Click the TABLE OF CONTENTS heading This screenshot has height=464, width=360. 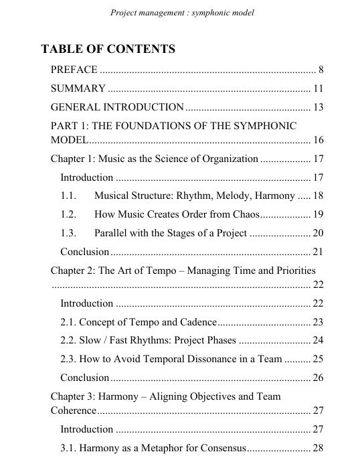(108, 49)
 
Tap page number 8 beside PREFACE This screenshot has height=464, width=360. (321, 69)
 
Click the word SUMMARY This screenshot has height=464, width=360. (78, 88)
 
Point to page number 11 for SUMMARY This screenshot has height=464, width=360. (318, 88)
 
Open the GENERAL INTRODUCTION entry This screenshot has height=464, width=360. (117, 107)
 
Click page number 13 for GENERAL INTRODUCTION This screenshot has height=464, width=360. (318, 107)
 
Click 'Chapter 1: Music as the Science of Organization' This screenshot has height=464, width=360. (155, 159)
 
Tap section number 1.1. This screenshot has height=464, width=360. (68, 196)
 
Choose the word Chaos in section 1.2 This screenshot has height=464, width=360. (244, 214)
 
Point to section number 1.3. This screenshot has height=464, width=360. (68, 233)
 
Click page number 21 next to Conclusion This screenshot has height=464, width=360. (318, 252)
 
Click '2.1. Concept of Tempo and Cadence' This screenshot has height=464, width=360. (139, 321)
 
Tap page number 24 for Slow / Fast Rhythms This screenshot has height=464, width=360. (318, 340)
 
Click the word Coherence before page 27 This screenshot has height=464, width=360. (74, 410)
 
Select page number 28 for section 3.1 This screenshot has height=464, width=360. (318, 447)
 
